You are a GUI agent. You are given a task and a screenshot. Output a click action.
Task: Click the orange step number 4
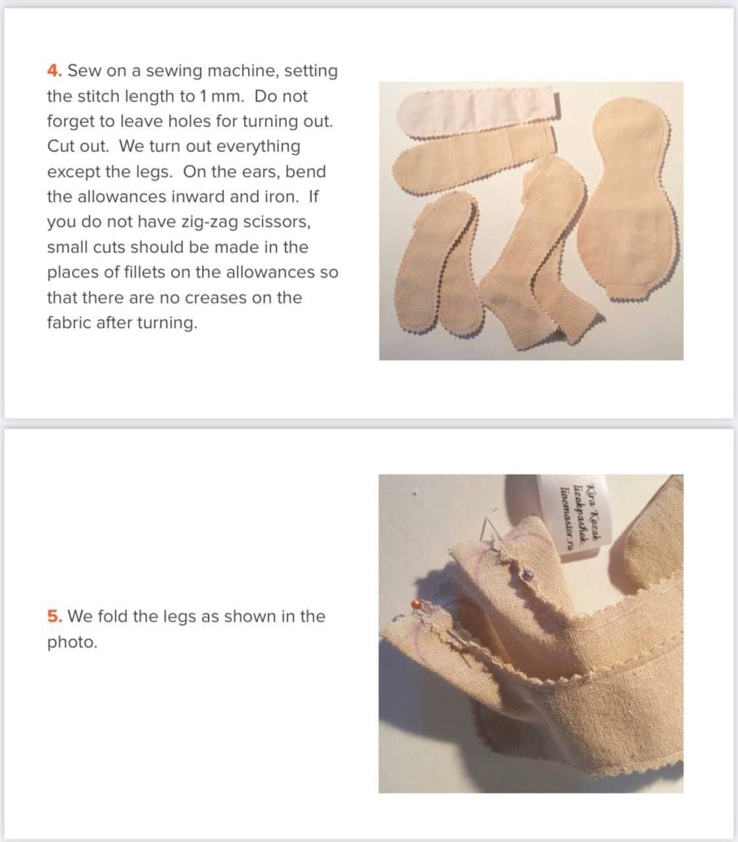tap(54, 71)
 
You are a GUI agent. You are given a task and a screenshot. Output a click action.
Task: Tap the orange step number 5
tap(54, 616)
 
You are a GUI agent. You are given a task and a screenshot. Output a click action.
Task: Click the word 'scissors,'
tap(276, 222)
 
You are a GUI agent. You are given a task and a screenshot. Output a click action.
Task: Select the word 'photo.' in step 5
tap(72, 642)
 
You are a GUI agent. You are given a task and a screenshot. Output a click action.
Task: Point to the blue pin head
tap(528, 573)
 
